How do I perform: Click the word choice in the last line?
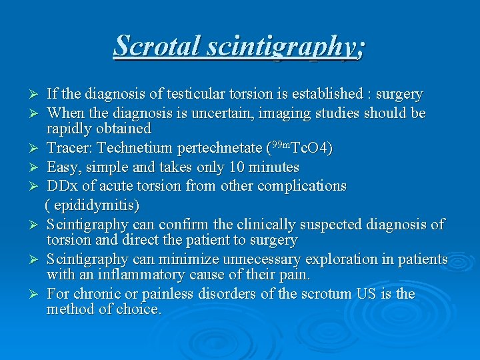click(140, 309)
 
